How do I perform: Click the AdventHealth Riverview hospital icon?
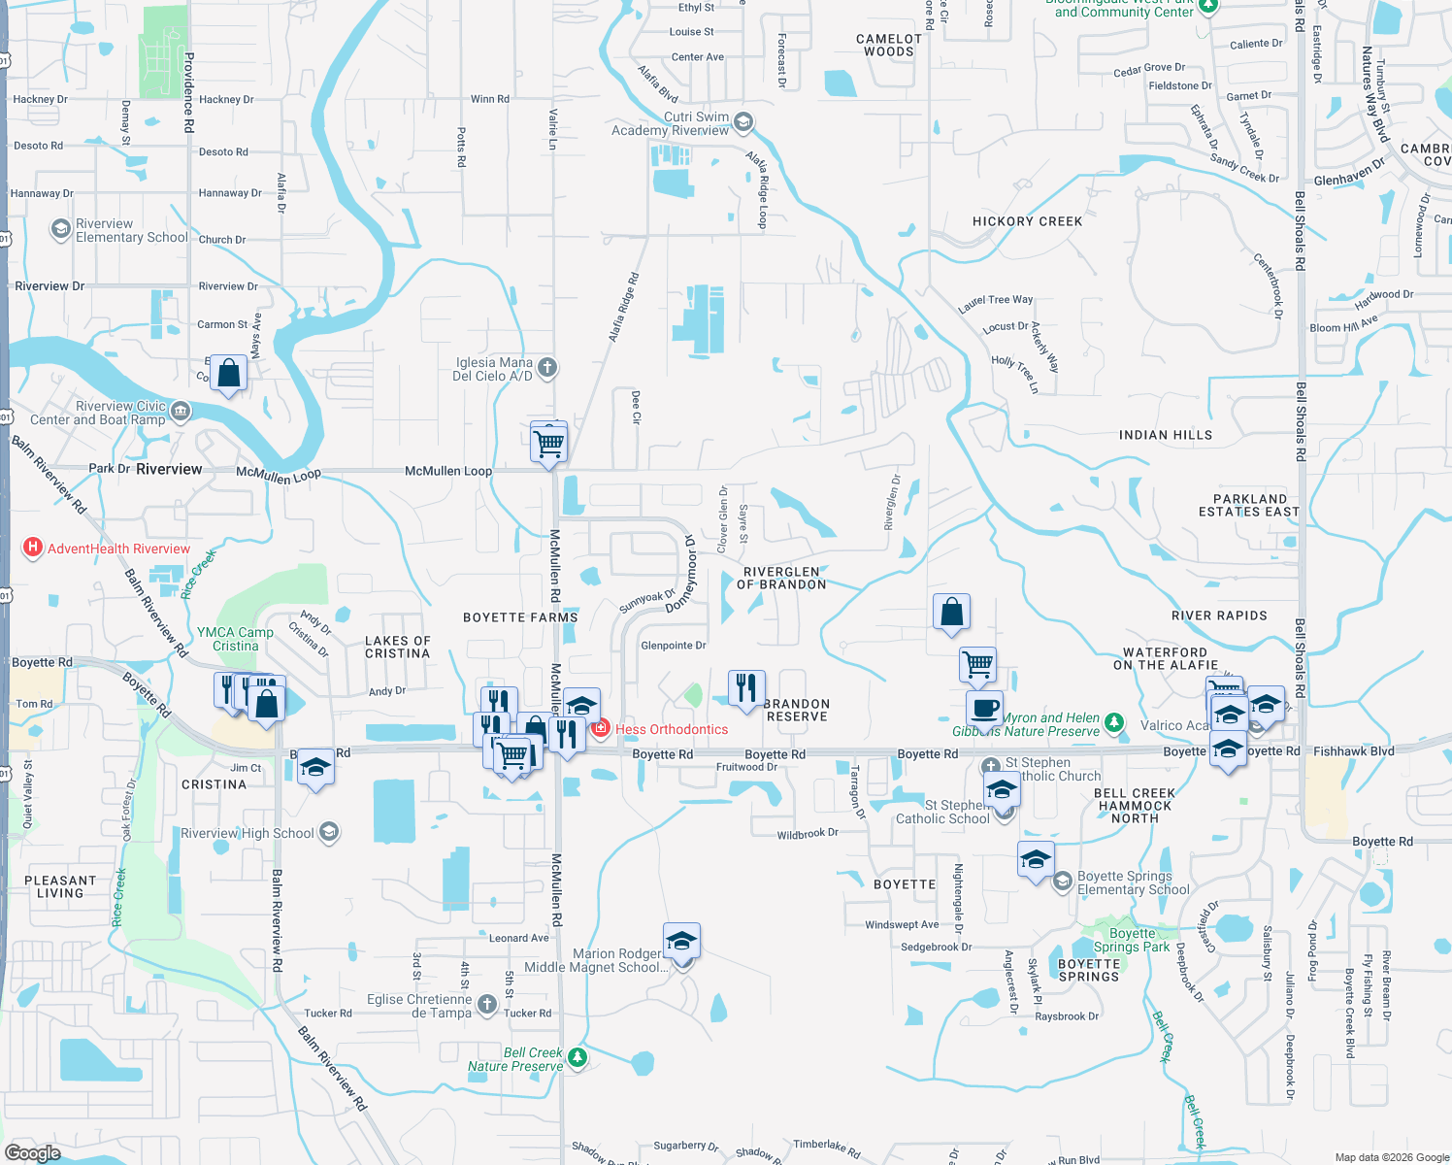coord(33,549)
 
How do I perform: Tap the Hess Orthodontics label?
coord(672,729)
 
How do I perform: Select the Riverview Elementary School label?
coord(131,230)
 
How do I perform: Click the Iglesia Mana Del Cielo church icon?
coord(547,367)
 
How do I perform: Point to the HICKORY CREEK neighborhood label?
coord(1027,221)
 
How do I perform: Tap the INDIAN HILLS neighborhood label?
coord(1165,435)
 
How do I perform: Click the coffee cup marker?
coord(984,708)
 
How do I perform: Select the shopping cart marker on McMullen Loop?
coord(549,443)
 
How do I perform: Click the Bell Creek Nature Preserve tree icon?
coord(577,1057)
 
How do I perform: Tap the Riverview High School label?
coord(247,833)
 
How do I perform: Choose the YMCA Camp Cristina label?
coord(235,639)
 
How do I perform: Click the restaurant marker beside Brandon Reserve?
coord(745,687)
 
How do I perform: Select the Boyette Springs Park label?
coord(1132,940)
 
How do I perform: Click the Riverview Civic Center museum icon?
coord(181,413)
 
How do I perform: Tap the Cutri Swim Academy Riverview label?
coord(670,123)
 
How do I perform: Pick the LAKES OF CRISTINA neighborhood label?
coord(397,647)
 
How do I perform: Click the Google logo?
coord(33,1152)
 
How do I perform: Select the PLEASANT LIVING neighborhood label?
coord(60,886)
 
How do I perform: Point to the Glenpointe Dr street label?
coord(673,646)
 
